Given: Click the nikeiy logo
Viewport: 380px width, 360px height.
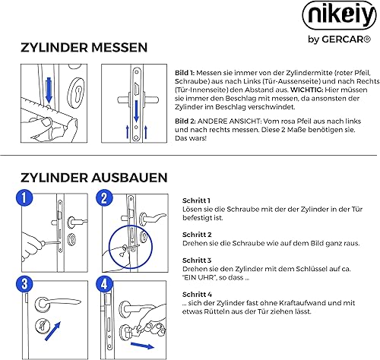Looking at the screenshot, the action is (340, 16).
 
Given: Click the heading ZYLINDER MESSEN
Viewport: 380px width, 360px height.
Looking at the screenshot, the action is (84, 48).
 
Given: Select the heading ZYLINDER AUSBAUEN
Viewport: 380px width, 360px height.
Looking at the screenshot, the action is (94, 178).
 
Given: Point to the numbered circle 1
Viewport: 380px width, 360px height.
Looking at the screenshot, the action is (24, 197).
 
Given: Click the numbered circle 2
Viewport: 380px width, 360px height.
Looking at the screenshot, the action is (104, 197).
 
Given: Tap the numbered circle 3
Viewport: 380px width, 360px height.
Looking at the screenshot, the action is (24, 284).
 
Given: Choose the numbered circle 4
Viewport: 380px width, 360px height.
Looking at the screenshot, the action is (104, 284).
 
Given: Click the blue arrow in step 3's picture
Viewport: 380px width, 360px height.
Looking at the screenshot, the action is (52, 331).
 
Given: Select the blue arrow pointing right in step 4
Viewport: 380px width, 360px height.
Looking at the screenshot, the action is (142, 346).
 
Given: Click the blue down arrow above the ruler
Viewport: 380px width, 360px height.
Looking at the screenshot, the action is (49, 90).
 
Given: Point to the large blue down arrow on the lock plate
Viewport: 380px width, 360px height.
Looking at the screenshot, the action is (137, 111).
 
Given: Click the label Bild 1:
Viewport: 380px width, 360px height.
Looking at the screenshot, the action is (185, 73).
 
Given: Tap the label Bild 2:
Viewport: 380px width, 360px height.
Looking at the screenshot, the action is (185, 122).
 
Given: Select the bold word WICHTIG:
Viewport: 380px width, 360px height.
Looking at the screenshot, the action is (306, 90).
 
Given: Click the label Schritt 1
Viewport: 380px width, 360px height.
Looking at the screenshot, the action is (196, 201).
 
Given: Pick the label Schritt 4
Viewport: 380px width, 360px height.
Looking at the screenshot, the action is (197, 295).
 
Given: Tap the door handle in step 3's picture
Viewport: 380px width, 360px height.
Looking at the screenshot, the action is (57, 303).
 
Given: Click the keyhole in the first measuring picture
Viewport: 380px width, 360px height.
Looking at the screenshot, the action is (78, 93).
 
